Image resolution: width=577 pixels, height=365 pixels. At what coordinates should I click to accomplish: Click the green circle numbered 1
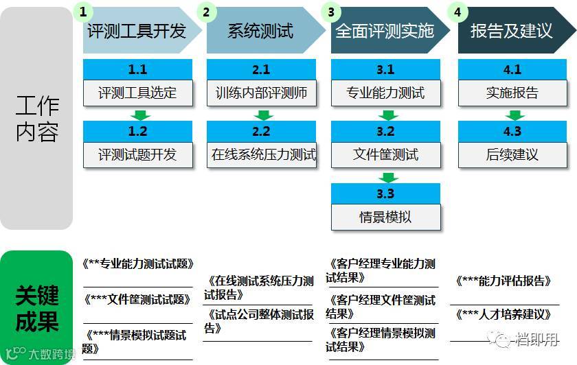pos(83,12)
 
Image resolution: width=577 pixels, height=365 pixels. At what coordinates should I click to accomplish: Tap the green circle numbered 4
pos(457,12)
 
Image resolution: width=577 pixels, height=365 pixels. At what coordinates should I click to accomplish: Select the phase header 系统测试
pos(261,31)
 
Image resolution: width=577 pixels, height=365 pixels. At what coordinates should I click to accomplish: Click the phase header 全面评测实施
pos(385,31)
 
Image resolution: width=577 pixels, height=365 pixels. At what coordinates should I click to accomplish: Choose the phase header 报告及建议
pos(511,31)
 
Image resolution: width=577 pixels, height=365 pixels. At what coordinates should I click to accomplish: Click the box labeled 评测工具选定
pos(137,93)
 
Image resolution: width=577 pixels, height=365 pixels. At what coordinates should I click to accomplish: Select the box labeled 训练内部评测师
pos(261,93)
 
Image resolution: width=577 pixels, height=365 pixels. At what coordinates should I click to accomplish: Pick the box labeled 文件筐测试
pos(385,155)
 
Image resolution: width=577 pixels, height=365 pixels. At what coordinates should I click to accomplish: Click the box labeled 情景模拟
pos(385,217)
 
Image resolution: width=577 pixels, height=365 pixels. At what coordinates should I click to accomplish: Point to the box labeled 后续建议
pos(512,155)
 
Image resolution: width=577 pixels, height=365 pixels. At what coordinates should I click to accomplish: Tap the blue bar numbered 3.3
pos(385,193)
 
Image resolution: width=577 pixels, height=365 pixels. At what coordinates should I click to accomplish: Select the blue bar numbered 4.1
pos(512,70)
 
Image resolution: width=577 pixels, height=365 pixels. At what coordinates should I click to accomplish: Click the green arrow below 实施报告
pos(512,114)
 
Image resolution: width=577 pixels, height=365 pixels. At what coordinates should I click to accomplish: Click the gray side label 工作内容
pos(37,118)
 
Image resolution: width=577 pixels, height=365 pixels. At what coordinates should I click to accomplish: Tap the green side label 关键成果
pos(37,307)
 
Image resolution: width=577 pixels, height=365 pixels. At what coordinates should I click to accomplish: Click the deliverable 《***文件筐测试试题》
pos(137,300)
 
